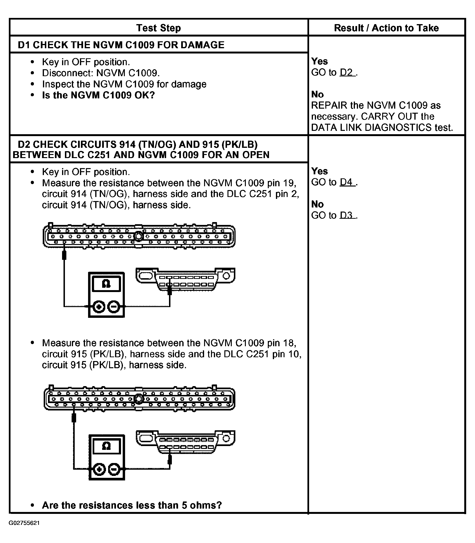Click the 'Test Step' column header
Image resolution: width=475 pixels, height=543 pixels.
(158, 28)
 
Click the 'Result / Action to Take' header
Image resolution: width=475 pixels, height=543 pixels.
(386, 28)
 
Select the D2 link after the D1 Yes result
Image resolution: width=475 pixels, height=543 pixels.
(347, 72)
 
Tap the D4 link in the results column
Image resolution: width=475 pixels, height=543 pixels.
(347, 182)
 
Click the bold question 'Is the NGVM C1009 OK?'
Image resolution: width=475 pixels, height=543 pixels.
(98, 95)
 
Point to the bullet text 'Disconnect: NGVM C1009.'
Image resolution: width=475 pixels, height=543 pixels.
(101, 73)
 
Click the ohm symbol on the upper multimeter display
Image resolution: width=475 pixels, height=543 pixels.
(106, 284)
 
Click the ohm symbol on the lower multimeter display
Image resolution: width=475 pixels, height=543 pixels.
(106, 446)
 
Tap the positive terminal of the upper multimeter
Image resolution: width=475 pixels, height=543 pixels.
(99, 307)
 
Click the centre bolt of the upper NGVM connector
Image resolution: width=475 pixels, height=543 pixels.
(138, 236)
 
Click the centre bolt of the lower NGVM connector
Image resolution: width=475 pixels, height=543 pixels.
(138, 399)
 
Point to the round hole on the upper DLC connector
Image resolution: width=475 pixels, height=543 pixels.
(226, 276)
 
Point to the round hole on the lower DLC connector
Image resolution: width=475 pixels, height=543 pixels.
(226, 439)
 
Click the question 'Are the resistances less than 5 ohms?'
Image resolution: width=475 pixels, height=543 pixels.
(132, 505)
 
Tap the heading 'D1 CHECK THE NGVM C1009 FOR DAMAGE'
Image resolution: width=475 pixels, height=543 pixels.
(121, 45)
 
